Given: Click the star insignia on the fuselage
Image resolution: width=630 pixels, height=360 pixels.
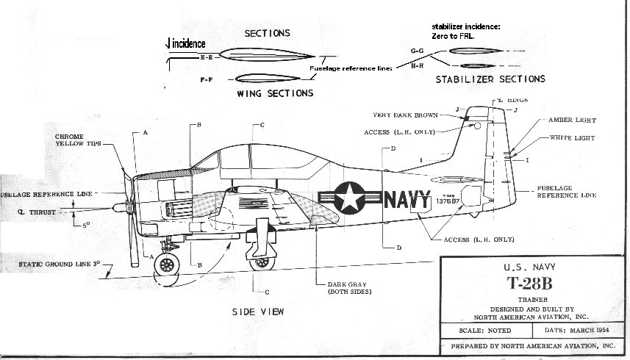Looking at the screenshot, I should click(x=346, y=197).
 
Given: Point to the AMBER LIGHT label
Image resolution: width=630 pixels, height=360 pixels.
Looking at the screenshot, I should click(x=572, y=120).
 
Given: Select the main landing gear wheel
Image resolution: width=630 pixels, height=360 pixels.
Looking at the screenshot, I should click(x=259, y=260).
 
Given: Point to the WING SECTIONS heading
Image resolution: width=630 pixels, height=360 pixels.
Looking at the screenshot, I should click(x=275, y=93).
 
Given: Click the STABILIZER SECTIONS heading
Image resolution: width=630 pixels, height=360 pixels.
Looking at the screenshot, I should click(x=490, y=79).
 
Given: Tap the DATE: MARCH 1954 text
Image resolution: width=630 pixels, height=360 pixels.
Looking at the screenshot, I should click(x=568, y=332).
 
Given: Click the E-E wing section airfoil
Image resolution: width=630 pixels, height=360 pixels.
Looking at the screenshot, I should click(x=266, y=54).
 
